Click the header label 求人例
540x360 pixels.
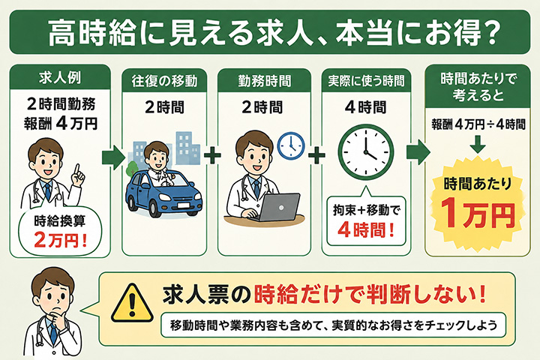coord(60,78)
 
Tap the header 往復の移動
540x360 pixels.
coord(164,81)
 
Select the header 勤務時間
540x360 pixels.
coord(264,81)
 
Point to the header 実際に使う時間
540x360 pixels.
coord(366,81)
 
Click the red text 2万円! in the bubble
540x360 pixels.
coord(60,240)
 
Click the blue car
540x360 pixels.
coord(163,192)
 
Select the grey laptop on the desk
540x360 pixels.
coord(275,208)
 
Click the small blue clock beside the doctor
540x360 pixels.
coord(291,145)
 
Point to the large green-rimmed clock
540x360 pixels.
coord(366,152)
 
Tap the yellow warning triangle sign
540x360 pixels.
coord(132,303)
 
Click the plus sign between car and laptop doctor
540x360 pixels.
coord(212,154)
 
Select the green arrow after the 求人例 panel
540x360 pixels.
coord(113,157)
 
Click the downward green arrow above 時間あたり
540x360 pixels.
coord(478,144)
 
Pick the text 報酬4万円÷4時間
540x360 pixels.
coord(478,124)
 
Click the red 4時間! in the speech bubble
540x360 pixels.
coord(366,229)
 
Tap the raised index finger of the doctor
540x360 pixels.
coord(77,169)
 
